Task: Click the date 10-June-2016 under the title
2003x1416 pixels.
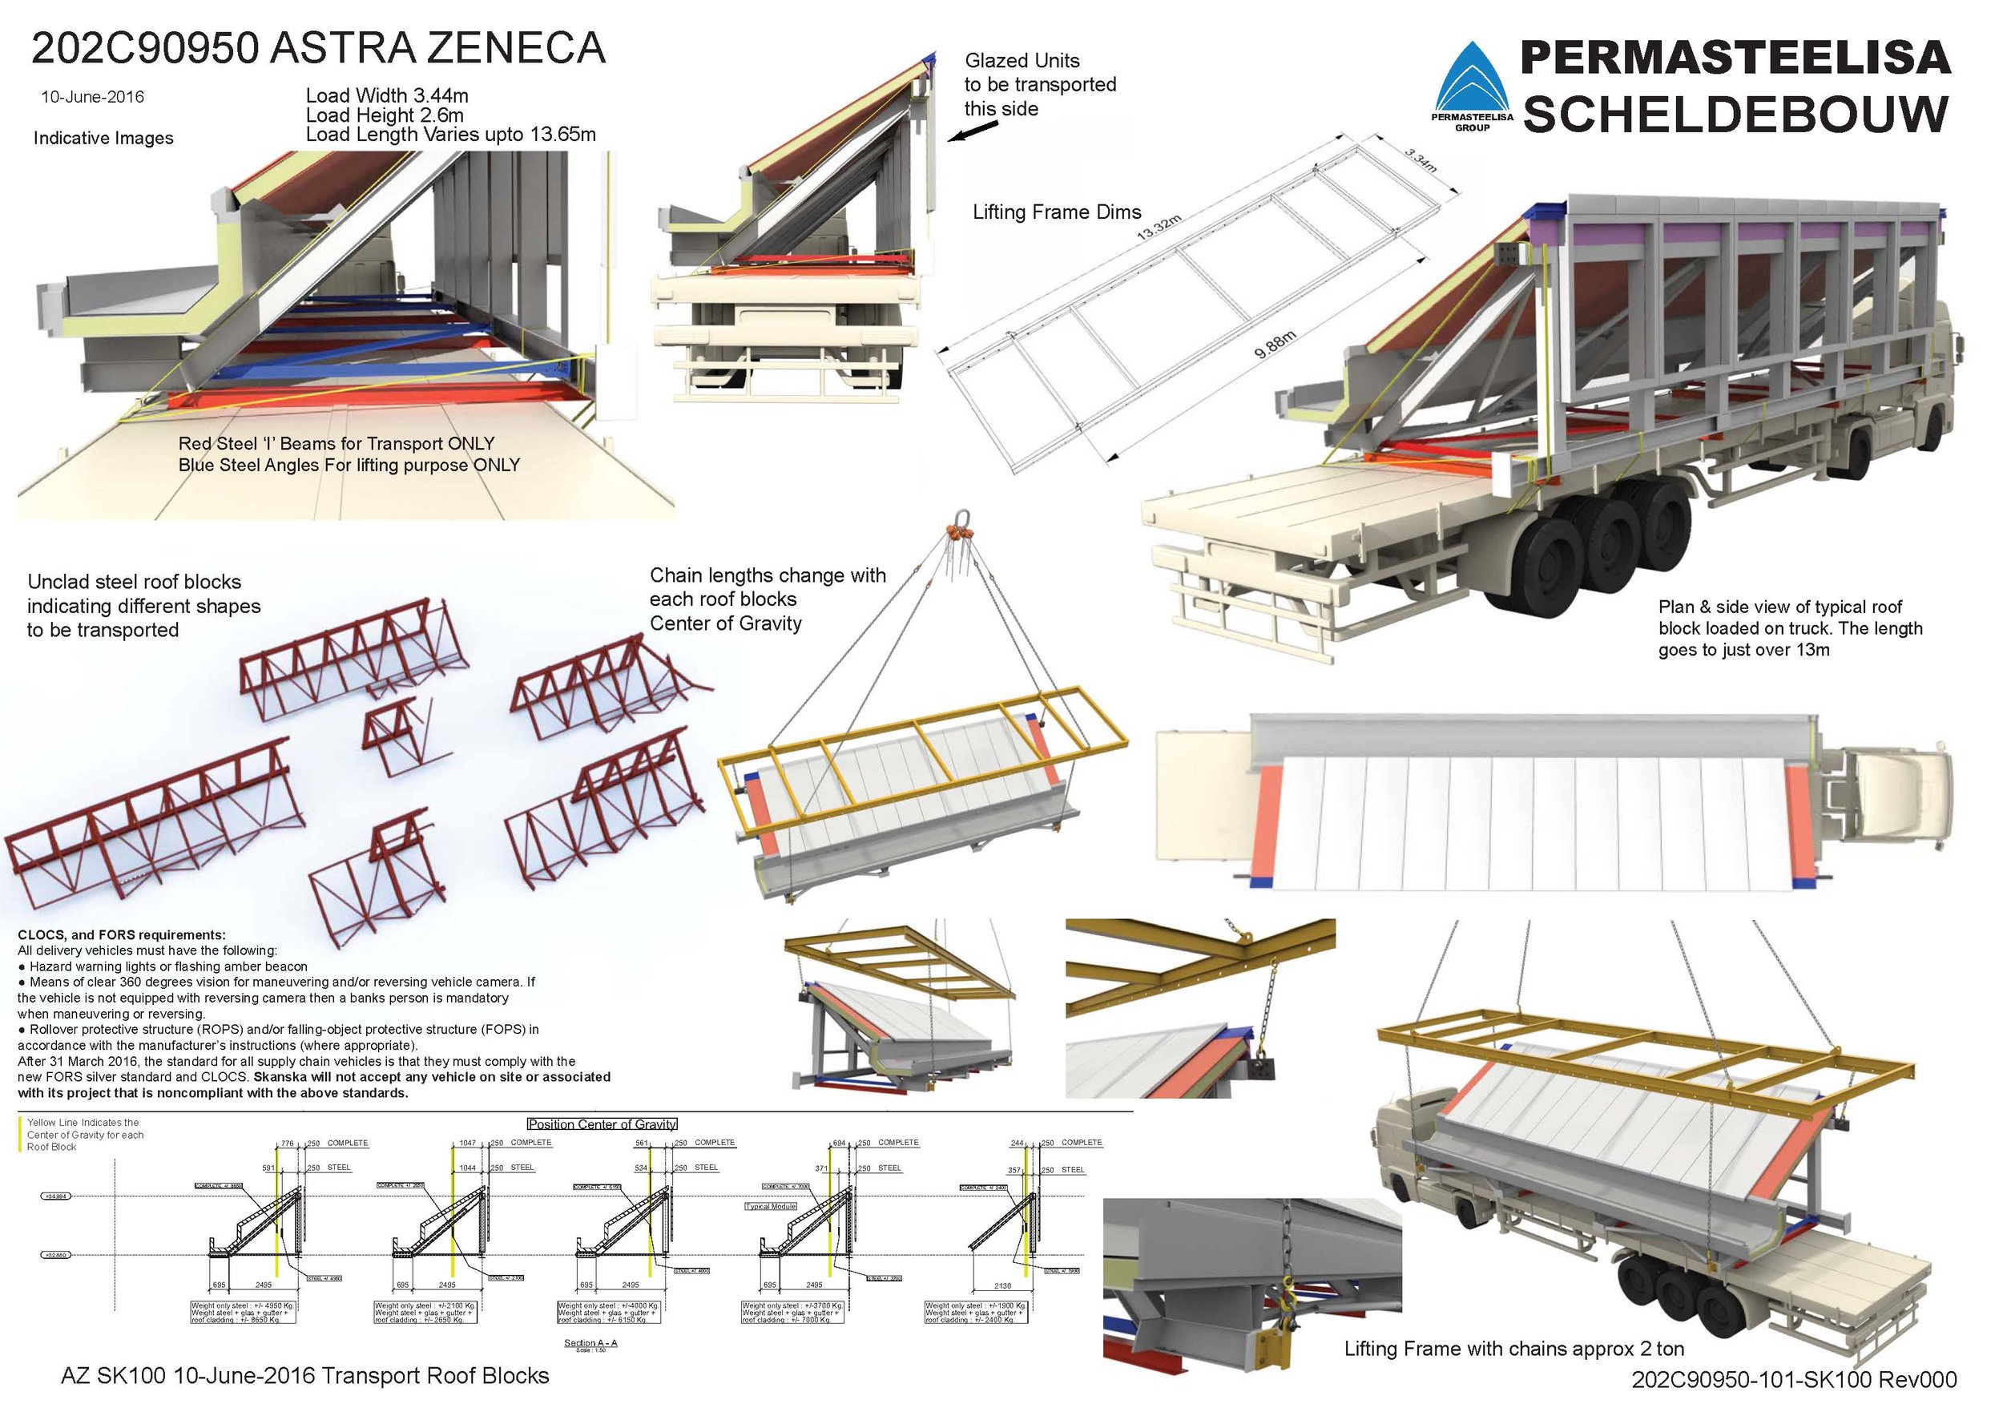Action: click(x=92, y=97)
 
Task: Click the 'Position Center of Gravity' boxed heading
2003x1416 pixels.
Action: click(x=602, y=1124)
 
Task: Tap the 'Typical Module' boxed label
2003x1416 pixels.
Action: click(x=772, y=1207)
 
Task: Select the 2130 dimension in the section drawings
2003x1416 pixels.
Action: click(x=1002, y=1285)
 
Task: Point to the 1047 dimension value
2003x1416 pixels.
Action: click(x=469, y=1142)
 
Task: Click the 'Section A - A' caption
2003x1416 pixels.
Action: click(x=590, y=1343)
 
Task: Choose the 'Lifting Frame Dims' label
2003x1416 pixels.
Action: click(x=1057, y=212)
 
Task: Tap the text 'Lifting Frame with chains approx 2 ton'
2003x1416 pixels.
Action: click(x=1513, y=1349)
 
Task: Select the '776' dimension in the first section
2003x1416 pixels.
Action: click(x=287, y=1142)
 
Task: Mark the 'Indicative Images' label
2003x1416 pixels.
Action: click(x=103, y=138)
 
